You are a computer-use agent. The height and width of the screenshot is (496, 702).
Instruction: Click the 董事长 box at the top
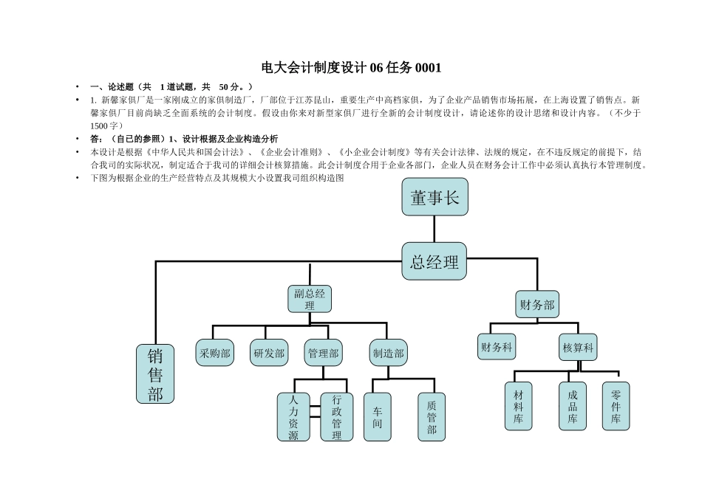click(435, 197)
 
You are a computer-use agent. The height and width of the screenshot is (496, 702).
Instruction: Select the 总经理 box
click(435, 261)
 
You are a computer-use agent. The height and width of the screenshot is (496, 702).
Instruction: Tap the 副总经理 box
click(309, 299)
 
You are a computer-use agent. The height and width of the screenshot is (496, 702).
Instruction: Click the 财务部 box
click(536, 304)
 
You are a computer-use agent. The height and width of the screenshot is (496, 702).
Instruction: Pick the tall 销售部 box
click(155, 373)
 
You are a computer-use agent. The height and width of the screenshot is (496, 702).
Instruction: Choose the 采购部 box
click(214, 353)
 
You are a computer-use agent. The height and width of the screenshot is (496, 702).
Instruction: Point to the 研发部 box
click(269, 353)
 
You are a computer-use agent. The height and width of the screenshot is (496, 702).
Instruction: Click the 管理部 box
click(323, 353)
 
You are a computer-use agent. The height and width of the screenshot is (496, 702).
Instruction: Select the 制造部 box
click(388, 353)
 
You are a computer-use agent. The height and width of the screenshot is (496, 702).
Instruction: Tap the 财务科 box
click(497, 346)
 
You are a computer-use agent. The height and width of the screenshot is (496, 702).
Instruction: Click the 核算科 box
click(578, 347)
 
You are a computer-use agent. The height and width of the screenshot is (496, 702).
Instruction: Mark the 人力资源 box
click(293, 417)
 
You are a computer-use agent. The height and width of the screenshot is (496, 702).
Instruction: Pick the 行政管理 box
click(337, 417)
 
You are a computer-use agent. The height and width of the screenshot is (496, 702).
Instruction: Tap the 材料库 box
click(518, 406)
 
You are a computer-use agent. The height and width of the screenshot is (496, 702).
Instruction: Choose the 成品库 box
click(573, 406)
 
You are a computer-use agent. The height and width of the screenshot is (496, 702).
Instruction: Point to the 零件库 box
click(616, 406)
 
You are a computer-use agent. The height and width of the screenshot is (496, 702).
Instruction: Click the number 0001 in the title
click(428, 68)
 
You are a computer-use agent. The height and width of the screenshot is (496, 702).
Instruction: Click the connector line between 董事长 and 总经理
click(435, 229)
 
